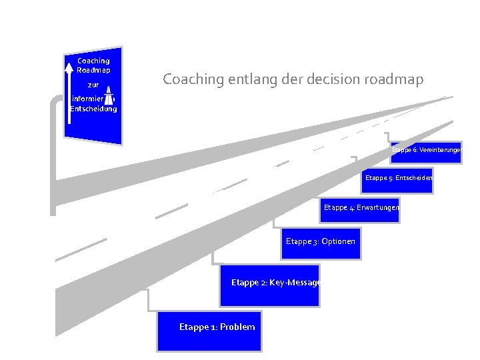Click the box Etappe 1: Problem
(209, 331)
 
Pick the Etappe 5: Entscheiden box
(398, 179)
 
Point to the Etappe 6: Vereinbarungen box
(425, 151)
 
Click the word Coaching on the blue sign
(93, 61)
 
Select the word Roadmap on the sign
(93, 70)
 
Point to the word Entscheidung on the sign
(93, 109)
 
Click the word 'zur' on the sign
(93, 85)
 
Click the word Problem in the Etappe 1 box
(237, 327)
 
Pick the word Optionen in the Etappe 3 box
(338, 241)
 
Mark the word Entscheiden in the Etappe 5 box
(414, 178)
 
